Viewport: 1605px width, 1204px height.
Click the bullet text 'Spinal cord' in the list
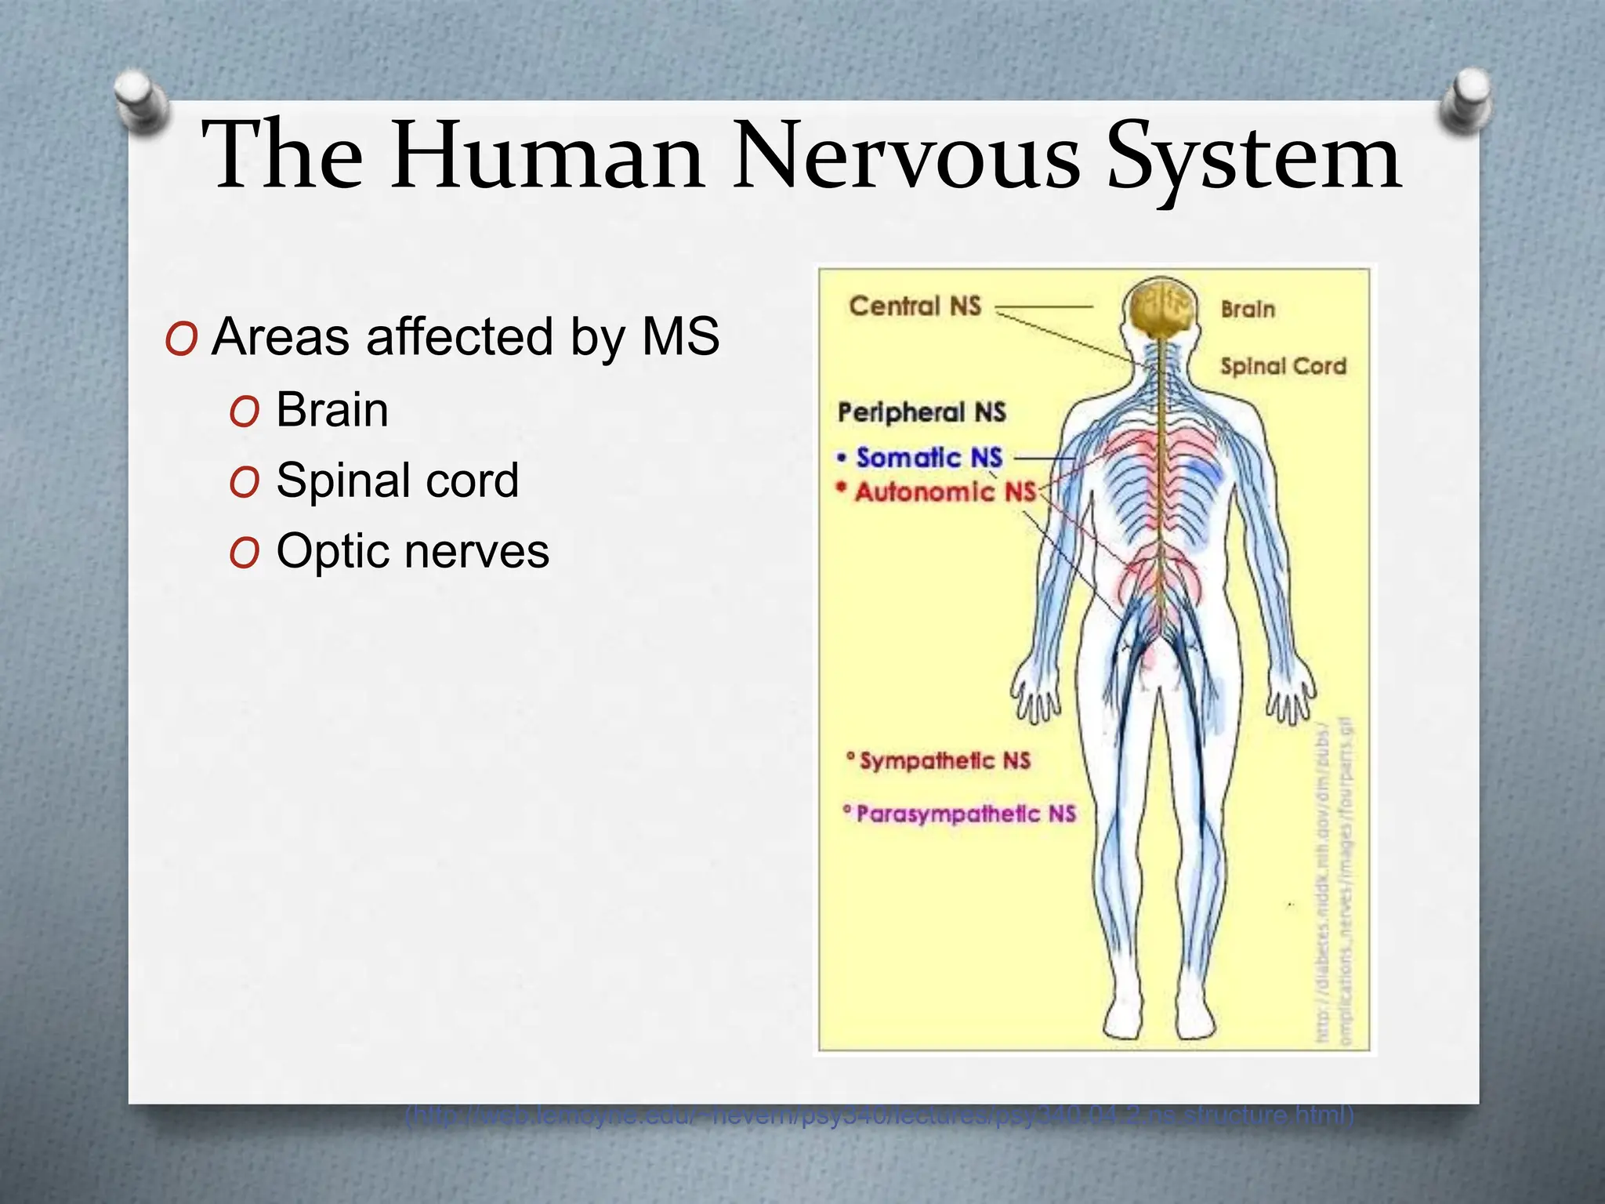[397, 480]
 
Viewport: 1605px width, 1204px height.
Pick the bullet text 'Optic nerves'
[413, 551]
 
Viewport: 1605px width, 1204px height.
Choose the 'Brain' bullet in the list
[332, 409]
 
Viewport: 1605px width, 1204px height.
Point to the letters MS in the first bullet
[680, 337]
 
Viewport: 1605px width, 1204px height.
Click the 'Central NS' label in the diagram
[915, 306]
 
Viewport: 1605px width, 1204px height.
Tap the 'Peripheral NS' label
[922, 412]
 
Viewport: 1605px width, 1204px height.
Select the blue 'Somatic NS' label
[929, 458]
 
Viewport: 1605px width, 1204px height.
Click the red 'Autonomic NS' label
[945, 492]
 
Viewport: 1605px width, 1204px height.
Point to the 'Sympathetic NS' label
[944, 760]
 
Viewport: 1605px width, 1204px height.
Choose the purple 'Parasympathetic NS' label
[966, 814]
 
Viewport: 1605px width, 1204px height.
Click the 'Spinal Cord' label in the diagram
[1283, 366]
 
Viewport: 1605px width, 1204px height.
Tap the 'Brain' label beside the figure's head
[1248, 310]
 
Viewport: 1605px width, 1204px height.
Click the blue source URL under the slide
[879, 1115]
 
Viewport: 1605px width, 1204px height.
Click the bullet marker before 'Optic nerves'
[245, 553]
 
